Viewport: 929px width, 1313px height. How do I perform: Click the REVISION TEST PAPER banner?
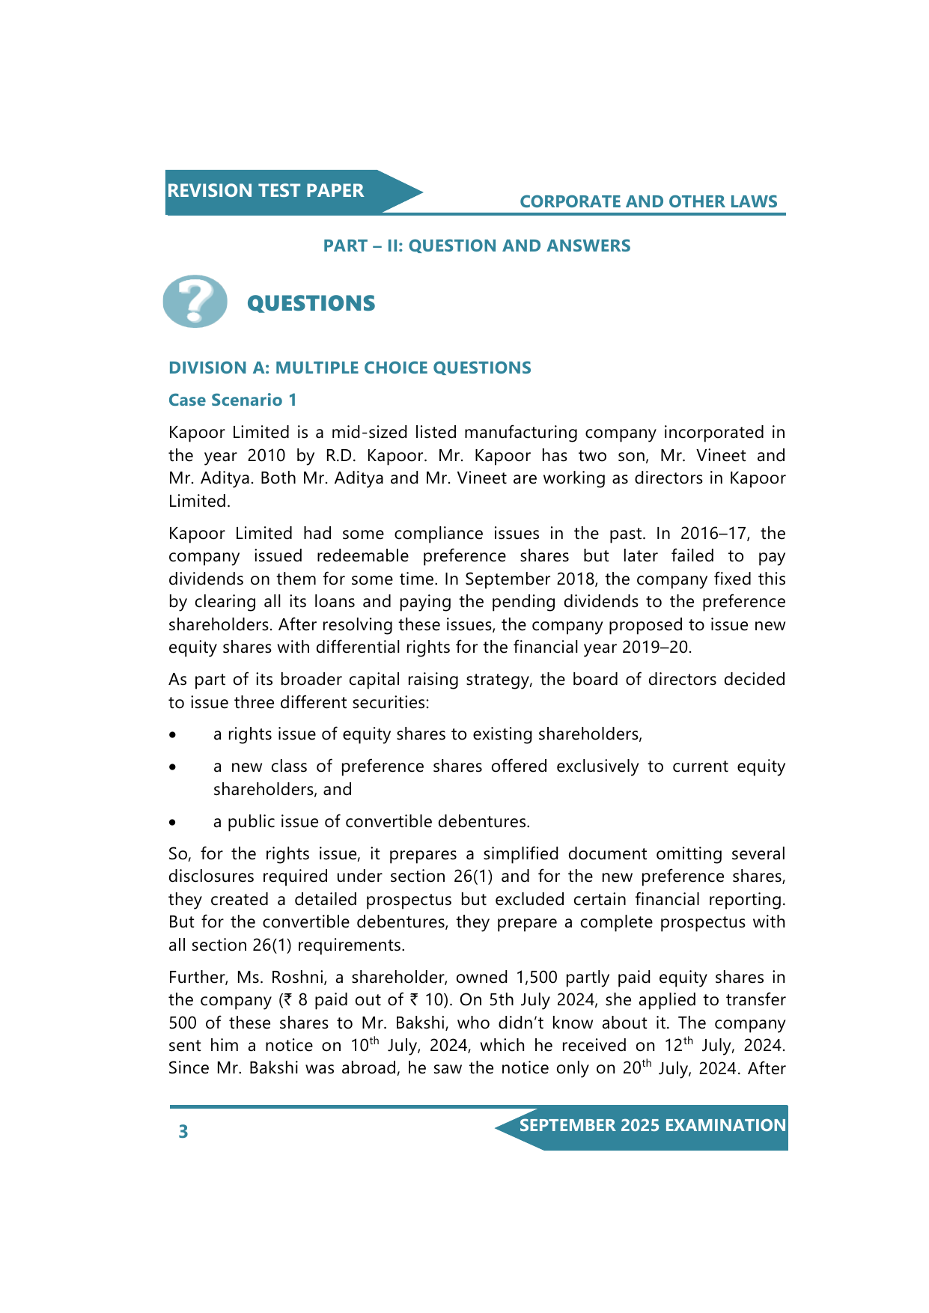pyautogui.click(x=266, y=191)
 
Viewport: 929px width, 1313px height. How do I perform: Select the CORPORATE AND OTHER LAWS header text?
pyautogui.click(x=648, y=201)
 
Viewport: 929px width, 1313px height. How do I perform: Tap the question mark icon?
pyautogui.click(x=195, y=301)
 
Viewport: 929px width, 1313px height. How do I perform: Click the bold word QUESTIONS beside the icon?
pyautogui.click(x=311, y=303)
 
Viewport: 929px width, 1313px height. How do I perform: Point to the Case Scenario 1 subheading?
pyautogui.click(x=232, y=400)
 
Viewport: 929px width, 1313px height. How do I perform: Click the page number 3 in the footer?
pyautogui.click(x=183, y=1131)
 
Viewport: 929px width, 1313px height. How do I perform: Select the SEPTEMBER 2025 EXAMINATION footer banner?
pyautogui.click(x=652, y=1126)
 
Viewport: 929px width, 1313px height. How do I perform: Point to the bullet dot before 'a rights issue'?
pyautogui.click(x=173, y=736)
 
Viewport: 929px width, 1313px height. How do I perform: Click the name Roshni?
pyautogui.click(x=305, y=977)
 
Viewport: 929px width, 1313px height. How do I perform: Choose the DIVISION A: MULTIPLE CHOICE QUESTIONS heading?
pyautogui.click(x=350, y=368)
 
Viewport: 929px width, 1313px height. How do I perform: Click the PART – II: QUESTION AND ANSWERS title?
pyautogui.click(x=476, y=246)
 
